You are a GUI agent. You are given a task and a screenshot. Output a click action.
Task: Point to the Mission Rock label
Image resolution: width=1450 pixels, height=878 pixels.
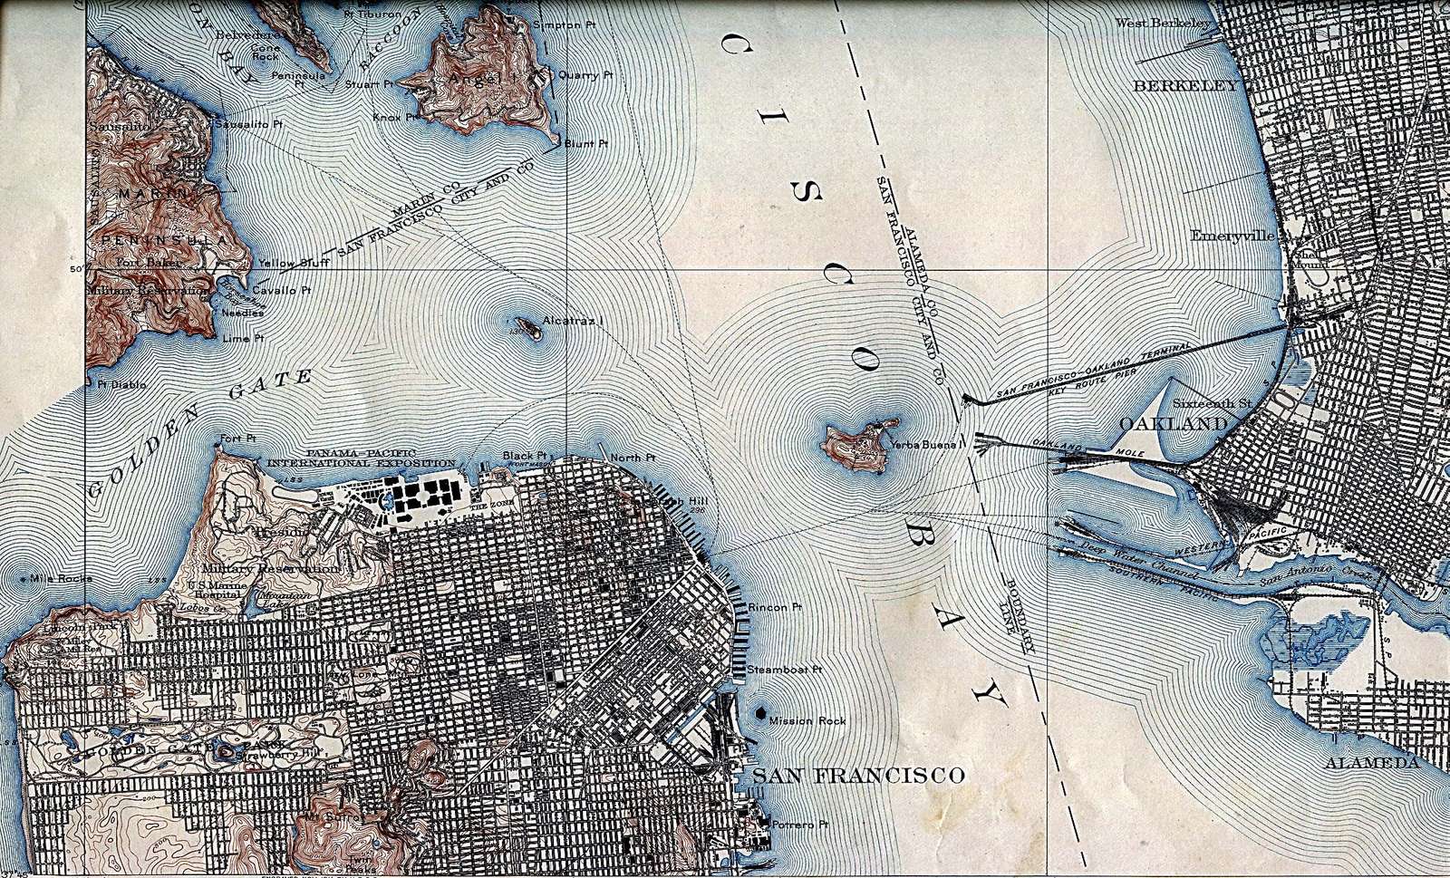click(807, 721)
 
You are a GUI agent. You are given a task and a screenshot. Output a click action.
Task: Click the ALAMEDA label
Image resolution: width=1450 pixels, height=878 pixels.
click(1371, 763)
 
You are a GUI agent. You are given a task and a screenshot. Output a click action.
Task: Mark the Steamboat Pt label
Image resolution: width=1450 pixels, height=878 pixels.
click(784, 671)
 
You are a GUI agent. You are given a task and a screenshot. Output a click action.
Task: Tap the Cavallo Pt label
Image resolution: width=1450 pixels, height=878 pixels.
click(282, 290)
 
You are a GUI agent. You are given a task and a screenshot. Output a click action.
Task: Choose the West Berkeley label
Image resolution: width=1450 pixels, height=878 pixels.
click(1162, 23)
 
